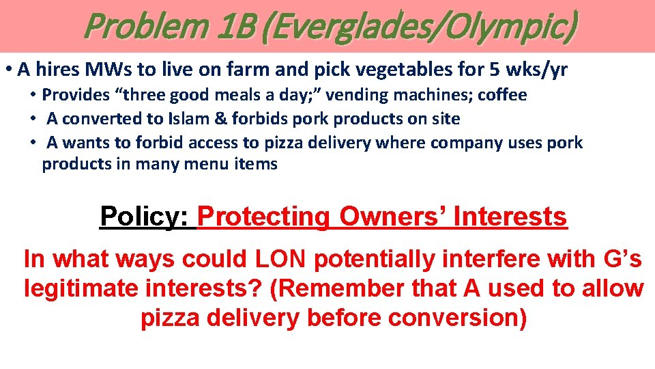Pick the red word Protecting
pyautogui.click(x=265, y=217)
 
